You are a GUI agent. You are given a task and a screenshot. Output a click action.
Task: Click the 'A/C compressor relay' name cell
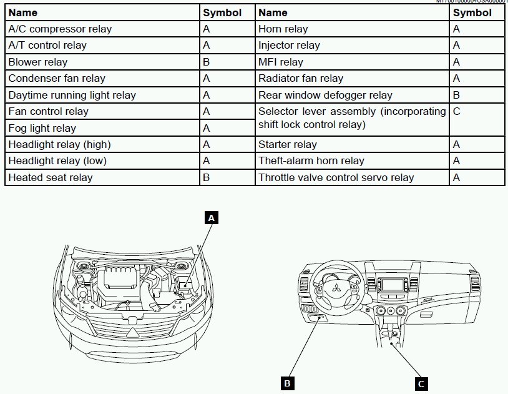coord(60,29)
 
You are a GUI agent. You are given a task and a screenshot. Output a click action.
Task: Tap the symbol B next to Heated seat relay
coord(207,177)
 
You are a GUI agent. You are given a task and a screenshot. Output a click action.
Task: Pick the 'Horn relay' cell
coord(283,29)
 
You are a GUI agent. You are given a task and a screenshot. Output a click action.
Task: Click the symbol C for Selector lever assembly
coord(457,112)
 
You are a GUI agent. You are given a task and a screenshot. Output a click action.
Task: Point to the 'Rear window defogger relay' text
coord(325,95)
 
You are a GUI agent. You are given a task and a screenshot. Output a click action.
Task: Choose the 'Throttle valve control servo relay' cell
coord(336,177)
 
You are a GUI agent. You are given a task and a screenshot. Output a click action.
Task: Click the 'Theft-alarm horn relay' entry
coord(311,161)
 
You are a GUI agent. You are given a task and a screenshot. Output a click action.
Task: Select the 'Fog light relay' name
coord(42,128)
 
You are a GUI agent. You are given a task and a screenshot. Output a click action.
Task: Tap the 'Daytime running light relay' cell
coord(72,95)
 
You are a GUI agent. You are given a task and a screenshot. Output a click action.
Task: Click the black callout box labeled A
coord(212,217)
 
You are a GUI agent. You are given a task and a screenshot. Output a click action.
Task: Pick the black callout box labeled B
coord(287,383)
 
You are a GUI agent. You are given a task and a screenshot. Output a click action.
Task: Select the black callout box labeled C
coord(421,383)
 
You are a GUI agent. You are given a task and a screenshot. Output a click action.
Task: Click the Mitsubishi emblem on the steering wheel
coord(335,288)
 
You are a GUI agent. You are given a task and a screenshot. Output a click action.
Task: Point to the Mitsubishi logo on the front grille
coord(133,333)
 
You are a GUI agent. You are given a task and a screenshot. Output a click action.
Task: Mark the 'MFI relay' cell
coord(281,62)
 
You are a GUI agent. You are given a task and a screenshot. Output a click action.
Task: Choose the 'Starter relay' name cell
coord(288,144)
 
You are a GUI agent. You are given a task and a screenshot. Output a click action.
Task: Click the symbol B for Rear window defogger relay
coord(457,95)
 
